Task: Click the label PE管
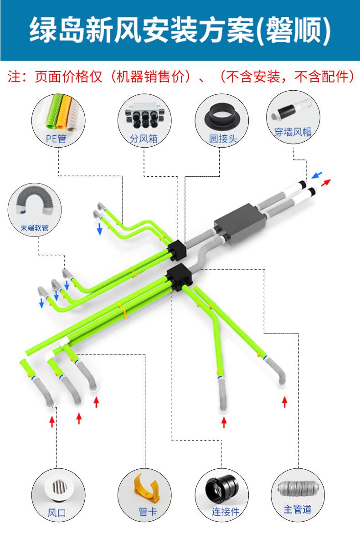pyautogui.click(x=56, y=139)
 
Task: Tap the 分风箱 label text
pyautogui.click(x=144, y=139)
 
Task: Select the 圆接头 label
pyautogui.click(x=223, y=139)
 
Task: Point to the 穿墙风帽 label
pyautogui.click(x=293, y=132)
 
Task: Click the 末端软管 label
pyautogui.click(x=35, y=228)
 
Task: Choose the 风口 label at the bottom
pyautogui.click(x=57, y=513)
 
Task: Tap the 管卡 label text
pyautogui.click(x=148, y=512)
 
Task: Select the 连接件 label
pyautogui.click(x=226, y=512)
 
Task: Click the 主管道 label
pyautogui.click(x=298, y=509)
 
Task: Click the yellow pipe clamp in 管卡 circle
pyautogui.click(x=147, y=488)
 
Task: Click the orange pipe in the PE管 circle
pyautogui.click(x=63, y=112)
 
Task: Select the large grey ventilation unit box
pyautogui.click(x=240, y=224)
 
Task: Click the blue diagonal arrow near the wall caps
pyautogui.click(x=317, y=175)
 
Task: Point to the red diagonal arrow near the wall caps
pyautogui.click(x=326, y=183)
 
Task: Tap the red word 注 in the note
pyautogui.click(x=14, y=77)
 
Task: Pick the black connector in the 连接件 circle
pyautogui.click(x=222, y=488)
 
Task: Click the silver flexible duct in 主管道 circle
pyautogui.click(x=298, y=488)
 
